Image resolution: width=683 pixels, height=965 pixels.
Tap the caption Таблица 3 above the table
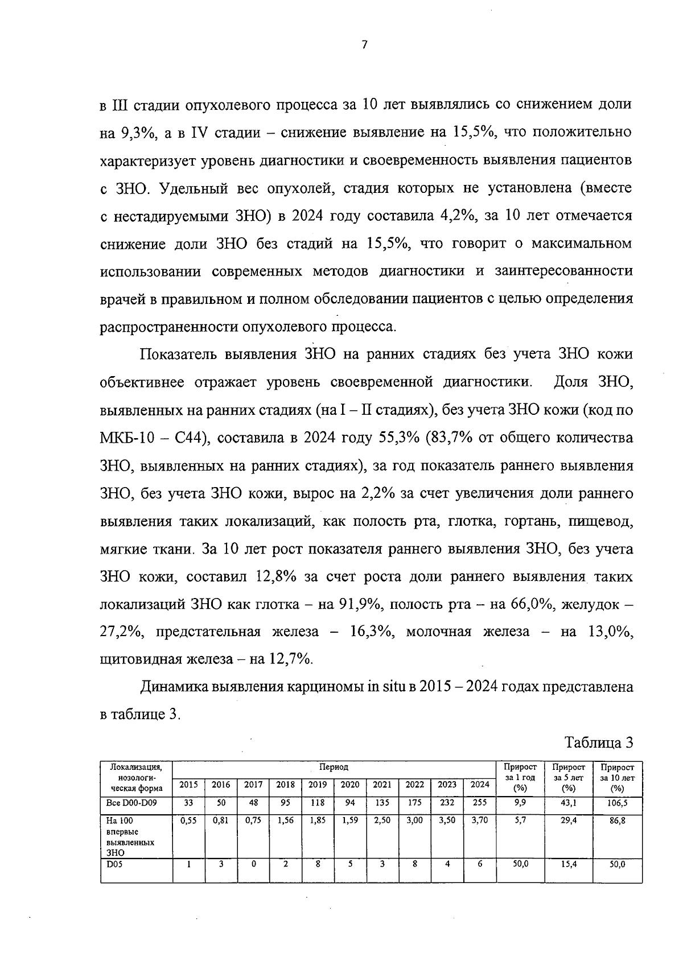pos(599,743)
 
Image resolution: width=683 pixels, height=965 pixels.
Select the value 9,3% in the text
pos(137,133)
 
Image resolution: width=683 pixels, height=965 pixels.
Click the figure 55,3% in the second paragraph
pos(397,438)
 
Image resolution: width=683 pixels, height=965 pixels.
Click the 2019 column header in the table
pos(318,784)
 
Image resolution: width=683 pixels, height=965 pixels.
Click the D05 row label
pos(114,864)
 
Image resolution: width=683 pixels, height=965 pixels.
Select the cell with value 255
pos(480,803)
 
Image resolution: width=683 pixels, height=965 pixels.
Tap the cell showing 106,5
pos(617,803)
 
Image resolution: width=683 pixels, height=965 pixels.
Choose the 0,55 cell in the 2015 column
pos(188,821)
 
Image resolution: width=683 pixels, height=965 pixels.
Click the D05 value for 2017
pos(253,864)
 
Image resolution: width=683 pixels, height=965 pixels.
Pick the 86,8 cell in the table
pos(617,821)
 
